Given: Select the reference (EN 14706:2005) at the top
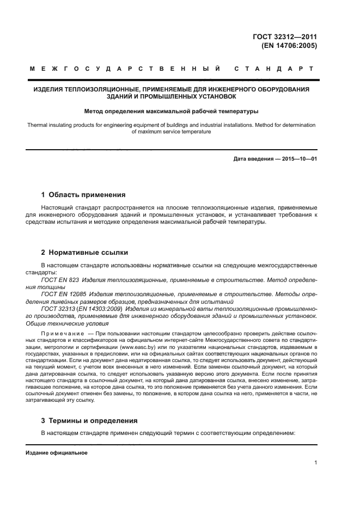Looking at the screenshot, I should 289,46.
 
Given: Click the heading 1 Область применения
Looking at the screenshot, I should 83,194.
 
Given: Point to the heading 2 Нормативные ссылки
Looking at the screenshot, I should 84,253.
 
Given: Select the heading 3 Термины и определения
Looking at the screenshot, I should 89,421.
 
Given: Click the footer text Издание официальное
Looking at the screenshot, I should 57,452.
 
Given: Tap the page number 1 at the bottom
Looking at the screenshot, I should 315,463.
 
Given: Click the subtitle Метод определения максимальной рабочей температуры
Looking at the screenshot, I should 171,112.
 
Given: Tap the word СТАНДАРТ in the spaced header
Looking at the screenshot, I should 273,69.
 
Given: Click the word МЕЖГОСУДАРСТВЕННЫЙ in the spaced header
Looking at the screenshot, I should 125,69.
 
